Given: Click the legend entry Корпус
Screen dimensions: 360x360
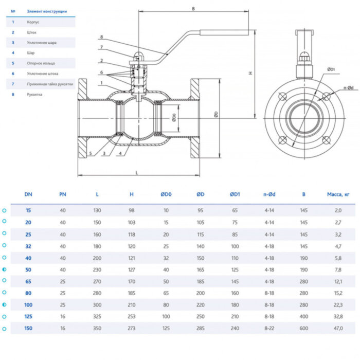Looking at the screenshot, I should click(33, 23).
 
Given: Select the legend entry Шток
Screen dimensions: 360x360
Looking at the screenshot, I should click(32, 32).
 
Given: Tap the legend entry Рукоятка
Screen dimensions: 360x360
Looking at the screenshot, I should click(34, 95).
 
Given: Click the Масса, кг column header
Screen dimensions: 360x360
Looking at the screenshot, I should click(338, 194).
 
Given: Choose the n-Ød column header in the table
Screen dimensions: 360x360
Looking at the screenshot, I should click(269, 194).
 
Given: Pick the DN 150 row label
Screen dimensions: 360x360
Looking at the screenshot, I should click(28, 328).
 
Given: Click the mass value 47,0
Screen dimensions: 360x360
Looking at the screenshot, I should click(338, 328).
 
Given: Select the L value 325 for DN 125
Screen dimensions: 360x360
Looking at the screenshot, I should click(97, 316).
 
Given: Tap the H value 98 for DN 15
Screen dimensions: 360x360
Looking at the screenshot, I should click(132, 210).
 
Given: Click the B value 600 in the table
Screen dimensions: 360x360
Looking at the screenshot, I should click(304, 328).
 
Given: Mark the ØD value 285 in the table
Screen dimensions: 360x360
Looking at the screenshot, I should click(200, 328).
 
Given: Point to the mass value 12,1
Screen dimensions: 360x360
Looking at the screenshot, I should click(338, 281).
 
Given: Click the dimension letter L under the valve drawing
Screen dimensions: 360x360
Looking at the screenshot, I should click(137, 172).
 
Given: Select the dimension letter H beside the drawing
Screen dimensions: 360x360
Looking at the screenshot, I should click(250, 73).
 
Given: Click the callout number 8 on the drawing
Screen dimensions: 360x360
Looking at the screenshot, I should click(102, 37).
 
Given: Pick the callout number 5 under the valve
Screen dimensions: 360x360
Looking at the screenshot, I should click(90, 153).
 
